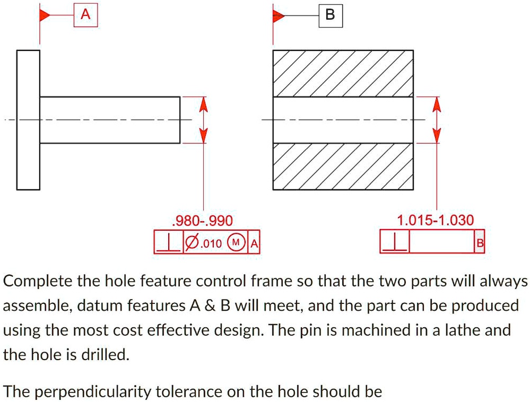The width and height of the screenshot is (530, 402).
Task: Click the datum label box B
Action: coord(330,16)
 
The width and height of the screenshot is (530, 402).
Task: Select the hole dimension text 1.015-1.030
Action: coord(437,220)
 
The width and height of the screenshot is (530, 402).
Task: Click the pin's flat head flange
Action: coord(28,119)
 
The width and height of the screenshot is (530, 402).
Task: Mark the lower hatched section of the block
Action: coord(343,167)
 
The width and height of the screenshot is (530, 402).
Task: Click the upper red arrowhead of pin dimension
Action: coord(202,107)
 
